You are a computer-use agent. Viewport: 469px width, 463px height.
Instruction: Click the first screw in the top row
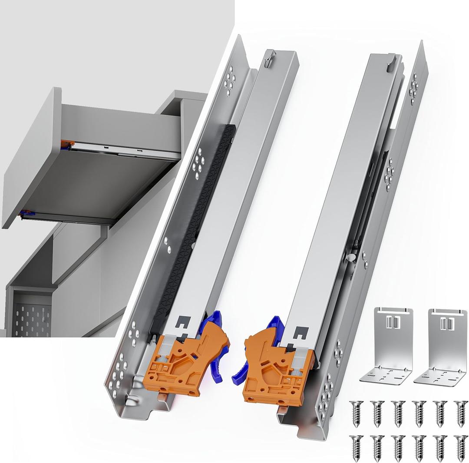[355, 413]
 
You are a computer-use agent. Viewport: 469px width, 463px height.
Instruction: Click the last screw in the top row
[461, 413]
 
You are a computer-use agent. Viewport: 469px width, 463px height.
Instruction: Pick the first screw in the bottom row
[355, 447]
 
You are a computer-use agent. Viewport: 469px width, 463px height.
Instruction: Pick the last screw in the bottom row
[461, 447]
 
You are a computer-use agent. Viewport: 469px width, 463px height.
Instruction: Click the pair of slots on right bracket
[446, 324]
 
